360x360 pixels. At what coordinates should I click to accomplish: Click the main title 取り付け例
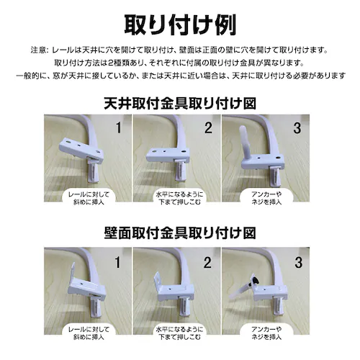click(x=180, y=25)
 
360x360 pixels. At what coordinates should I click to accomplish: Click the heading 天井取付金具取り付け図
click(x=180, y=104)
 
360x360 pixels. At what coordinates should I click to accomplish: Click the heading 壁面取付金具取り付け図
click(x=180, y=233)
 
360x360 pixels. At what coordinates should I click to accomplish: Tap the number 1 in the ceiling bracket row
click(x=118, y=127)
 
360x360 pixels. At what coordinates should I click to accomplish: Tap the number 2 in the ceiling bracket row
click(x=208, y=127)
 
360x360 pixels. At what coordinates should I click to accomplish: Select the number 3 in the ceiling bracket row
click(x=297, y=127)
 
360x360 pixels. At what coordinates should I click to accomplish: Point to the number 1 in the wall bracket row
click(x=117, y=262)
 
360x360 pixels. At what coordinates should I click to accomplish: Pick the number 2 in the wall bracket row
click(x=207, y=262)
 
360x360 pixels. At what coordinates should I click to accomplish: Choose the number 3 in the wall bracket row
click(x=298, y=262)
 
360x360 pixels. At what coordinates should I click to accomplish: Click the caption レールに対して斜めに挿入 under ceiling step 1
click(x=89, y=198)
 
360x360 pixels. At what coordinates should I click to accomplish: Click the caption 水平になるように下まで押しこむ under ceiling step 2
click(x=179, y=198)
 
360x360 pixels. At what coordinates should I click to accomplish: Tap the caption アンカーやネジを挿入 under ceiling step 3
click(x=266, y=198)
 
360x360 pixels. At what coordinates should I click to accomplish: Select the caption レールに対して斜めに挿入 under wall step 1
click(x=89, y=333)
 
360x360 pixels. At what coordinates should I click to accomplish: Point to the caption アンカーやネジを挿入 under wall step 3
click(x=266, y=333)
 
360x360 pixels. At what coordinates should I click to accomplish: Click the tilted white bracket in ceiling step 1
click(x=81, y=150)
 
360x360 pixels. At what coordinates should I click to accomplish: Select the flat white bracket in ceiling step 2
click(x=168, y=155)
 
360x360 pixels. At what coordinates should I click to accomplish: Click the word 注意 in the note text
click(x=38, y=50)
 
